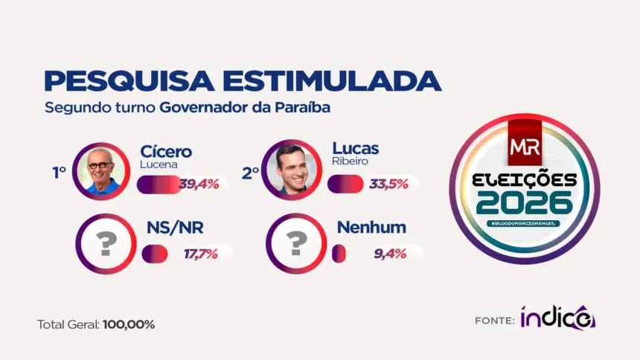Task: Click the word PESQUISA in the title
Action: [x=129, y=81]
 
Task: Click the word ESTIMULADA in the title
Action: [x=332, y=81]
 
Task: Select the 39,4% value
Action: [x=199, y=184]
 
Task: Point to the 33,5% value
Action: [x=388, y=184]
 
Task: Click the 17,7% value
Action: [x=200, y=254]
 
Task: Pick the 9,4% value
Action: [x=390, y=254]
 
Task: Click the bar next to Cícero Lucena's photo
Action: [x=159, y=184]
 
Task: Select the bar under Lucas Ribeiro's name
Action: [x=345, y=184]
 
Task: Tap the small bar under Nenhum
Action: [x=339, y=254]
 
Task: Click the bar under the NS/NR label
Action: [x=155, y=254]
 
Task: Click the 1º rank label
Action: [x=59, y=173]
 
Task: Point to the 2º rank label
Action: [x=250, y=173]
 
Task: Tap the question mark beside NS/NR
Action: [x=106, y=244]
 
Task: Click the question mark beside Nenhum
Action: [x=297, y=244]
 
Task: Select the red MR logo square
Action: [x=525, y=143]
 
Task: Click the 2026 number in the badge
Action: [x=525, y=203]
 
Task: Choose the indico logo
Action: [x=558, y=317]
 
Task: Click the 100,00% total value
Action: [x=129, y=325]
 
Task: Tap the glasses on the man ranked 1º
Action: [x=100, y=165]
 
